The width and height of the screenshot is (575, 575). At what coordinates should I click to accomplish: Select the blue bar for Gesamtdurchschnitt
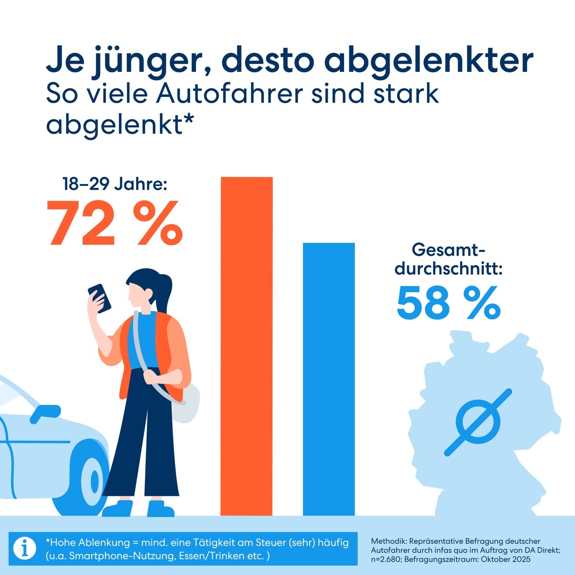click(x=329, y=379)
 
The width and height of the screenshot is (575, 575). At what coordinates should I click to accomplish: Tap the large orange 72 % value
click(x=115, y=222)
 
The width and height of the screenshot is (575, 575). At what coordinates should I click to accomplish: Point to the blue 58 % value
click(x=448, y=304)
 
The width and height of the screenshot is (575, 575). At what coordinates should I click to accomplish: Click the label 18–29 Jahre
click(x=115, y=184)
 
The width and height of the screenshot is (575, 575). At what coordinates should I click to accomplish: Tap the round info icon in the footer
click(x=24, y=548)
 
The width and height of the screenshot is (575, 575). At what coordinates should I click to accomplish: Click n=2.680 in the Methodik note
click(x=387, y=560)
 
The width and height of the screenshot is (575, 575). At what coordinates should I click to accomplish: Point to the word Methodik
click(x=387, y=541)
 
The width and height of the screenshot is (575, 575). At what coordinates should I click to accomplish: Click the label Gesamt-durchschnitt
click(x=448, y=260)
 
